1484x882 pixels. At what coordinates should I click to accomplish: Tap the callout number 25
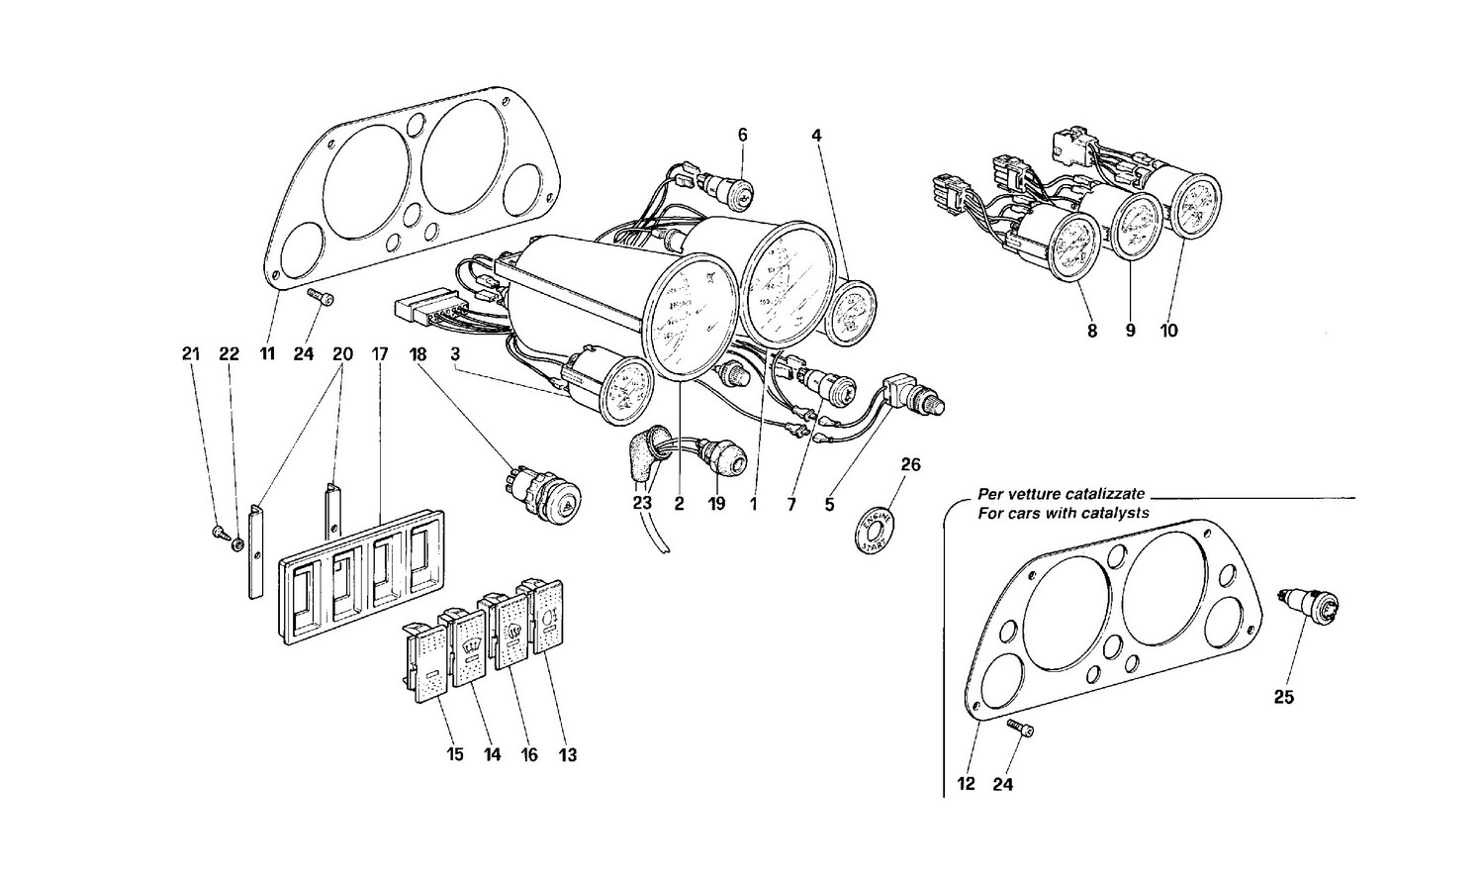tap(1282, 697)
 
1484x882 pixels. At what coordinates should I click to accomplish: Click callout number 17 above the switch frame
tap(379, 354)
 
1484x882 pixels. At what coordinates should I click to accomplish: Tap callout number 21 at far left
tap(191, 354)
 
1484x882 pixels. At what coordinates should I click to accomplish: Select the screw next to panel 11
tap(322, 297)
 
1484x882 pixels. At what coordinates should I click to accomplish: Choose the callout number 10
tap(1168, 332)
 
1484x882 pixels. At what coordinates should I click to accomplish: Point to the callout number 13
tap(566, 755)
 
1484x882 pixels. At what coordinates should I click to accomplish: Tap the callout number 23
tap(642, 504)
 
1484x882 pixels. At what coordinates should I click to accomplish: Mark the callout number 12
tap(967, 784)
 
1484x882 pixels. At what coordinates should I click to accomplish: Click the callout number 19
tap(716, 504)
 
